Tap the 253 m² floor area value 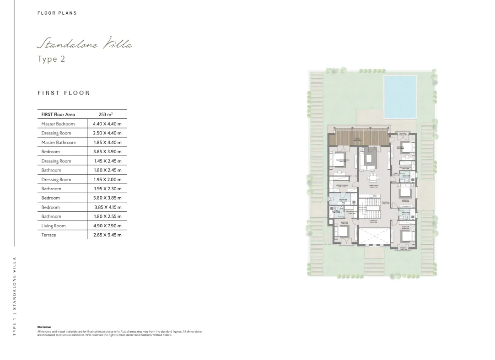coord(105,114)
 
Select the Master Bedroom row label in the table coord(58,124)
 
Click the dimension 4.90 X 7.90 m coord(107,226)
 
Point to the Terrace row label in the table coord(48,235)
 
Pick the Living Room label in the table coord(53,226)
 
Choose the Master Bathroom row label coord(59,142)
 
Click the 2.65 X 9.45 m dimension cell coord(107,235)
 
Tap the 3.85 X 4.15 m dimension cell coord(107,207)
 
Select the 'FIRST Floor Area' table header coord(58,114)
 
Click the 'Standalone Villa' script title coord(85,45)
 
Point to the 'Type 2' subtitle coord(51,59)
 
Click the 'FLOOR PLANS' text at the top coord(57,13)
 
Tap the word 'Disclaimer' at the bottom coord(44,327)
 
